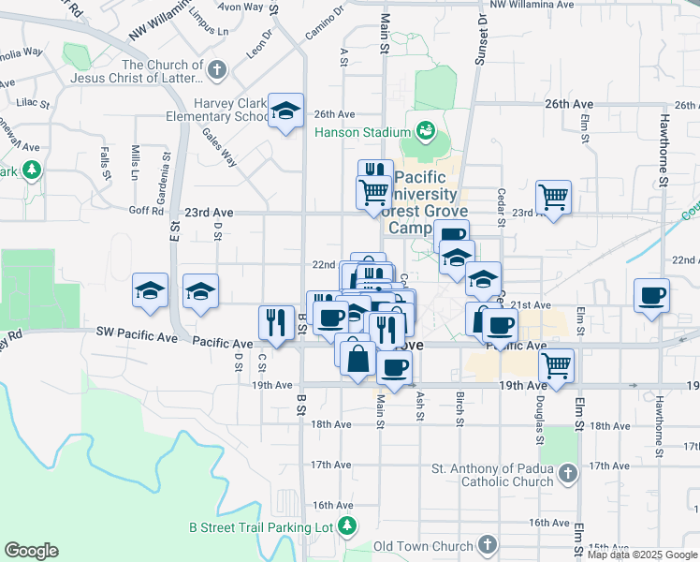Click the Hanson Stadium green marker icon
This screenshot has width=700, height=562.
point(426,130)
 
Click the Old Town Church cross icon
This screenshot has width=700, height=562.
point(487,545)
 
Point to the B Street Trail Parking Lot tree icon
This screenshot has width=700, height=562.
point(347,526)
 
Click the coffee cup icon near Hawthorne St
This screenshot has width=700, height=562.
point(651,295)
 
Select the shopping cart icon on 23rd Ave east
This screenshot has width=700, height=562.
point(553,197)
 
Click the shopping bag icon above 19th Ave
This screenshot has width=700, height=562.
point(358,357)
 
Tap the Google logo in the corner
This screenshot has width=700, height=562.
point(31,551)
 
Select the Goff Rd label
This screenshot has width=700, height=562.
point(146,212)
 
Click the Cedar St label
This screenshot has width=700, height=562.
point(502,200)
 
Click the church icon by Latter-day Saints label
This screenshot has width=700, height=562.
point(216,69)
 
